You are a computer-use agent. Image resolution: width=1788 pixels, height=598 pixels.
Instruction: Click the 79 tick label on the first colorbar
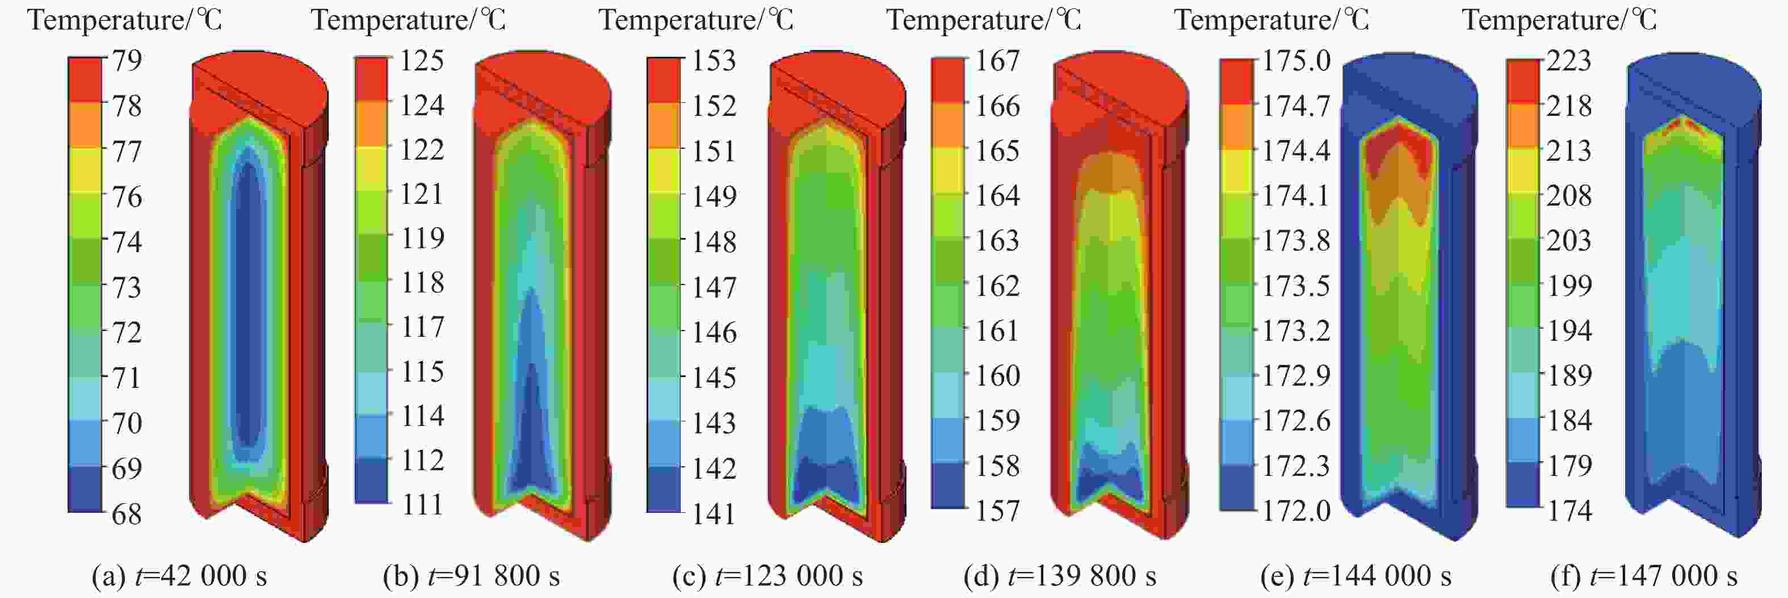(127, 60)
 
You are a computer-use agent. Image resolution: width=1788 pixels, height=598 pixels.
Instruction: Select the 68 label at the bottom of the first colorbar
(127, 514)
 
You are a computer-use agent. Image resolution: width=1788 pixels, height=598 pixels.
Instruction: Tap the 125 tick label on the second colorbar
(421, 60)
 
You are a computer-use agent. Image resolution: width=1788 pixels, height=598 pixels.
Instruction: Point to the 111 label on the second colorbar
(422, 504)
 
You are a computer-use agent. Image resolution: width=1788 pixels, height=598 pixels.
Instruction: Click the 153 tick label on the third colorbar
(713, 60)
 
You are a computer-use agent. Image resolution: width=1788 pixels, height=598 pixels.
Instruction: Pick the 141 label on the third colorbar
(713, 514)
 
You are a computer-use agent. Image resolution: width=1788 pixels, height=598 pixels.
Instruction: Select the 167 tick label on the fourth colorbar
(997, 60)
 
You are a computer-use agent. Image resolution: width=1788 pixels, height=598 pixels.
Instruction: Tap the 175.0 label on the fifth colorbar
(1296, 60)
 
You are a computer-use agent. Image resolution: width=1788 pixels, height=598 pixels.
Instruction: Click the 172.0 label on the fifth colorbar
(1296, 511)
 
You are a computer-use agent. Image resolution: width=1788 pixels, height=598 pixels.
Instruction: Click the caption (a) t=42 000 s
(179, 576)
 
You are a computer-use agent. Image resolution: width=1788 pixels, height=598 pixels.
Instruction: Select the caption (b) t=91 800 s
(471, 576)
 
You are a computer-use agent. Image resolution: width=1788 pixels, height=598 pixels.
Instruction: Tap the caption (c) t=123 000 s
(767, 576)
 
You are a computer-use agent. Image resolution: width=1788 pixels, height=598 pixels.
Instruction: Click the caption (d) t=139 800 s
(1060, 576)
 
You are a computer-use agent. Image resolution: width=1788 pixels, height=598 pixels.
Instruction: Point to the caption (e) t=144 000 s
(1355, 576)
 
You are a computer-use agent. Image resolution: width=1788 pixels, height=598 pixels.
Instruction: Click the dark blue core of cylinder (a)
(248, 306)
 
